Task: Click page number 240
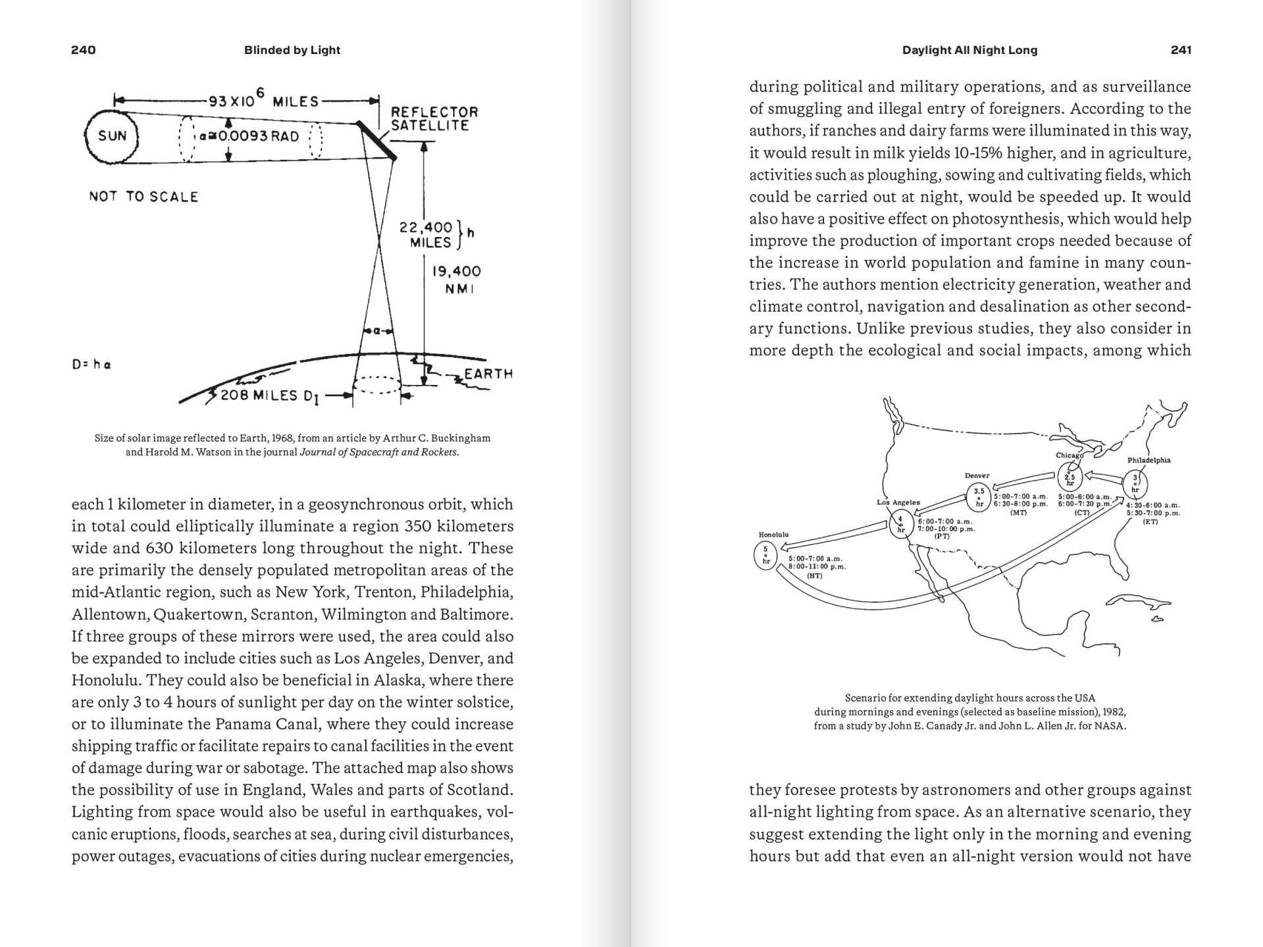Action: (84, 50)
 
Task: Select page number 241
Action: (1181, 50)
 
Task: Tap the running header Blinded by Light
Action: (292, 50)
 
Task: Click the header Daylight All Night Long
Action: (969, 50)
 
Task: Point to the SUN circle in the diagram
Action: (112, 136)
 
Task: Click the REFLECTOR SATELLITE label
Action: (434, 118)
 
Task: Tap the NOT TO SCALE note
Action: (143, 197)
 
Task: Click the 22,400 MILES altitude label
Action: (426, 235)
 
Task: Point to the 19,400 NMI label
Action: (456, 280)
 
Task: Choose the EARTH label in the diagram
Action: (488, 374)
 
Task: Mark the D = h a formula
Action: (91, 365)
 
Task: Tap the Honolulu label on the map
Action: (773, 535)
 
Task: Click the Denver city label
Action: (977, 476)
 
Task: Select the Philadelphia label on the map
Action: (1148, 460)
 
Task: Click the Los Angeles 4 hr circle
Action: (900, 524)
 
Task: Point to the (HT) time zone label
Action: (815, 576)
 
